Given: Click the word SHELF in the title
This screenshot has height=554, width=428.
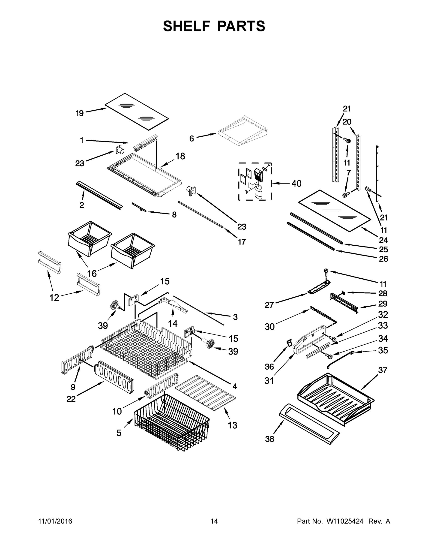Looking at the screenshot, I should [x=187, y=26].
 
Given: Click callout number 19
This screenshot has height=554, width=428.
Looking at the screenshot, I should [x=80, y=113].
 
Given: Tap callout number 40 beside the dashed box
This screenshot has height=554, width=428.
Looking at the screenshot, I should [x=296, y=184].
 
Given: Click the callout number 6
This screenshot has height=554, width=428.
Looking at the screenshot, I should [x=192, y=138].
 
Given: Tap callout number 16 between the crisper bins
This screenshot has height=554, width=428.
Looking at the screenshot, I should [x=92, y=274].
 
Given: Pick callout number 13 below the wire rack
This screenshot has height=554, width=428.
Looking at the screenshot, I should [x=232, y=425].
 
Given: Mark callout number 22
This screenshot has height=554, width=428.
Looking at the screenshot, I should [x=71, y=399].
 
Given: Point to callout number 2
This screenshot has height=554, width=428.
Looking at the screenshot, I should [x=82, y=205].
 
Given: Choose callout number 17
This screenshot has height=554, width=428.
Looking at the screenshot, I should [x=242, y=242].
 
